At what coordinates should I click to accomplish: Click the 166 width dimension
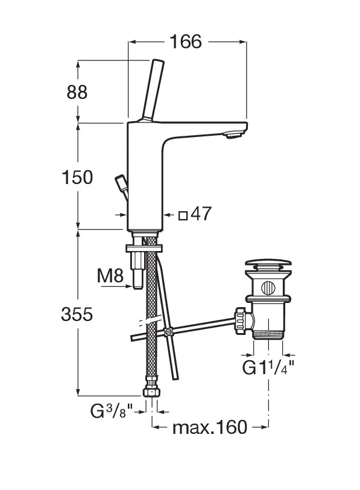click(186, 42)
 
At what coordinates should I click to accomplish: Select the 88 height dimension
click(77, 92)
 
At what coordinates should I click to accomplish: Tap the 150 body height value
click(77, 177)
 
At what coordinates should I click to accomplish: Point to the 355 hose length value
click(77, 314)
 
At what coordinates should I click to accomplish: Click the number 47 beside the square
click(201, 214)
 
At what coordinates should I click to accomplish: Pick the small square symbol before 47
click(183, 215)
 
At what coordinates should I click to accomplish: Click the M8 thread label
click(110, 276)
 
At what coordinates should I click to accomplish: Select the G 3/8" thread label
click(112, 411)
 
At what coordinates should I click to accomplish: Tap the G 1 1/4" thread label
click(268, 367)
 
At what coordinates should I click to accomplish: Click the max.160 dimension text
click(210, 427)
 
